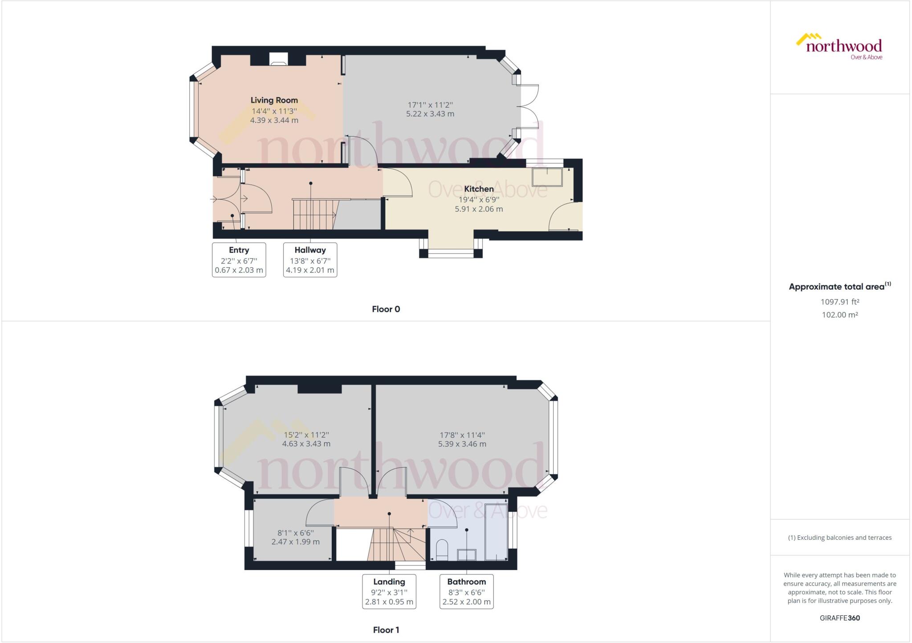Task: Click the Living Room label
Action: pyautogui.click(x=274, y=100)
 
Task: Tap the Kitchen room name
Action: pyautogui.click(x=479, y=189)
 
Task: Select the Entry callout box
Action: pyautogui.click(x=239, y=260)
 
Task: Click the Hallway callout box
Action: pyautogui.click(x=310, y=260)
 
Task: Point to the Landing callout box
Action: pyautogui.click(x=389, y=591)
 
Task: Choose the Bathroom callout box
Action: pyautogui.click(x=467, y=591)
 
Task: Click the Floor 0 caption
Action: pyautogui.click(x=386, y=309)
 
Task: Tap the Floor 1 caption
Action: pyautogui.click(x=386, y=630)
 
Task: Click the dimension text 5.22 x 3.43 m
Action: pyautogui.click(x=430, y=114)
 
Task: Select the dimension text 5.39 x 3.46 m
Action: pyautogui.click(x=462, y=444)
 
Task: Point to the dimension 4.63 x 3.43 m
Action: pyautogui.click(x=306, y=444)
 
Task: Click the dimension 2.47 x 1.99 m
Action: pyautogui.click(x=296, y=542)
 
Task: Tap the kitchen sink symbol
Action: pyautogui.click(x=547, y=177)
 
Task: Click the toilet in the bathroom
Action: pyautogui.click(x=442, y=550)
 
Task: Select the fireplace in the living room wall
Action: pyautogui.click(x=279, y=59)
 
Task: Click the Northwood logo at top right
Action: pyautogui.click(x=839, y=46)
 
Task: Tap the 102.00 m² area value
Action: pyautogui.click(x=840, y=315)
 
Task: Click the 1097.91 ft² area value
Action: pyautogui.click(x=840, y=302)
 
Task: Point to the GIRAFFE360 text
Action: pyautogui.click(x=840, y=618)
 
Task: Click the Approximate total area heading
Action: pyautogui.click(x=840, y=287)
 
